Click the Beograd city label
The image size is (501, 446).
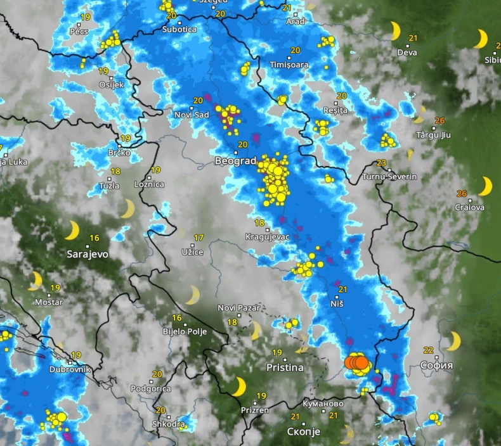coord(235,162)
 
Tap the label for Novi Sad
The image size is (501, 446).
coord(192,115)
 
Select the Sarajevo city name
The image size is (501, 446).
coord(88,254)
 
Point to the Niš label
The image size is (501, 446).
coord(337,304)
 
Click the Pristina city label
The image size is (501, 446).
coord(285,367)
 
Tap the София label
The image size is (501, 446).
coord(436,366)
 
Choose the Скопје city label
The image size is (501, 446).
coord(303,431)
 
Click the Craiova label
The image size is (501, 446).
coord(469,207)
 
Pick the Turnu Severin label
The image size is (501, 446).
coord(389,176)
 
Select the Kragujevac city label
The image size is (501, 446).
coord(267,238)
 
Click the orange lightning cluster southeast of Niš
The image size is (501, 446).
coord(357,362)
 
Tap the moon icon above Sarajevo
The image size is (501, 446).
coord(72,230)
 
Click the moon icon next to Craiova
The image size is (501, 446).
coord(485,186)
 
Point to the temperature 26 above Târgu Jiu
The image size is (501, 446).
coord(439,121)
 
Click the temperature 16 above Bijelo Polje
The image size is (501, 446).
coord(177,318)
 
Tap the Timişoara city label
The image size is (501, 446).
coord(289,65)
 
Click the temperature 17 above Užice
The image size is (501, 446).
coord(198,238)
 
